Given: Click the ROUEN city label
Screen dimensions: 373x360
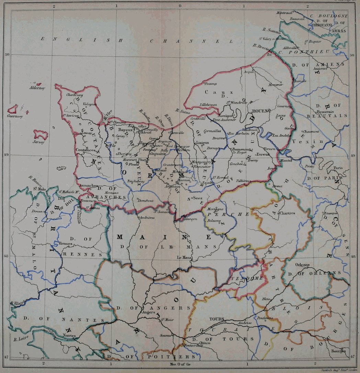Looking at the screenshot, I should point(260,111).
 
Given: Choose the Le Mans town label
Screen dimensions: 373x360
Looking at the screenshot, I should point(184,257).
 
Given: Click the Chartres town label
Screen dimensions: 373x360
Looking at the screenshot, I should point(287,213).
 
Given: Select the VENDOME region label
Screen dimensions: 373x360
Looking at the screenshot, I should point(242,278).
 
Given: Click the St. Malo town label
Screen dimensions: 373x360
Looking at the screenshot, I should point(40,189).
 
